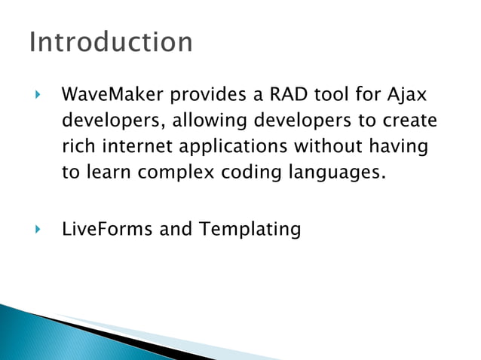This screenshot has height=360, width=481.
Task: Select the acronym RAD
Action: pyautogui.click(x=276, y=96)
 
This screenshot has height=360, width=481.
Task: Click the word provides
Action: pyautogui.click(x=201, y=96)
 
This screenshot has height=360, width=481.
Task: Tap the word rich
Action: pyautogui.click(x=77, y=147)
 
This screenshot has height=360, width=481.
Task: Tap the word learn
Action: pyautogui.click(x=108, y=172)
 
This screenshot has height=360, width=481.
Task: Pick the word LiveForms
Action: pyautogui.click(x=107, y=229)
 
